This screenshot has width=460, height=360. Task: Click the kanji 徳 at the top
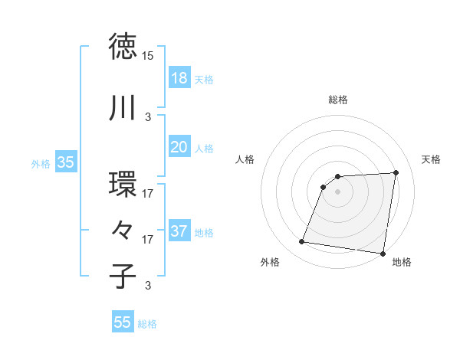(123, 47)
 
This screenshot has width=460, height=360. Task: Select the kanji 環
(123, 184)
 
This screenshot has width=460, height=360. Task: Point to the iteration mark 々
(123, 230)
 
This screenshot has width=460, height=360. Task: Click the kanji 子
(123, 276)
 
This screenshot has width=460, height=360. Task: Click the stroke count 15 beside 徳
(148, 56)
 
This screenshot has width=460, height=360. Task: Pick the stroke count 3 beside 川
(148, 116)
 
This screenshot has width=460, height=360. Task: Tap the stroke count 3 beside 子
(148, 286)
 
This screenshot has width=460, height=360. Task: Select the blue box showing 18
(179, 79)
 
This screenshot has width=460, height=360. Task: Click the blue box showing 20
(179, 146)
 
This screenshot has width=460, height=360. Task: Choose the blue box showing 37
(179, 231)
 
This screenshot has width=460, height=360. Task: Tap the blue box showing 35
(66, 162)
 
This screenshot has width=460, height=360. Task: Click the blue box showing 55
(123, 322)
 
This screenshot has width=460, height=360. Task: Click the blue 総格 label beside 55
(148, 324)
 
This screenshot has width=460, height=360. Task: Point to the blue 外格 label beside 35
(41, 164)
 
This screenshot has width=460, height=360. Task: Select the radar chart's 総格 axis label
(338, 100)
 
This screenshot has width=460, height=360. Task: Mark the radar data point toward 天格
(396, 172)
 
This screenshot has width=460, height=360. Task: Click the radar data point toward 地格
(383, 254)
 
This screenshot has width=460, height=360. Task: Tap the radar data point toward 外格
(302, 242)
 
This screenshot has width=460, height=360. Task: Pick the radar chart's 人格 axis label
(245, 159)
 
